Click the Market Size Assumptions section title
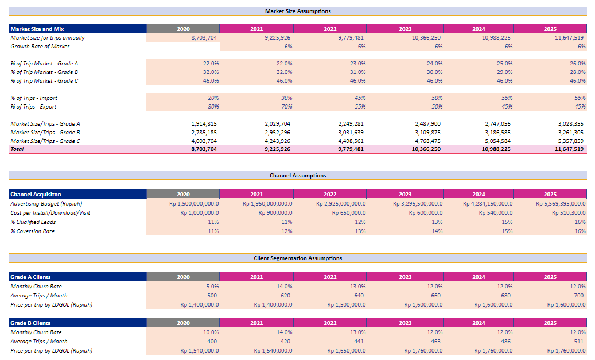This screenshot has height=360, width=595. coord(297,11)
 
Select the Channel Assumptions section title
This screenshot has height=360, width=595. coord(297,176)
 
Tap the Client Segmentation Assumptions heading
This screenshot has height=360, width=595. coord(297,258)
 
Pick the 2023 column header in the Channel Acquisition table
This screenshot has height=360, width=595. coord(405,195)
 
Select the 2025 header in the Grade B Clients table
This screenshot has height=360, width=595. coord(550,323)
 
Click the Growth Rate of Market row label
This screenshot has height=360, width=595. coord(40,47)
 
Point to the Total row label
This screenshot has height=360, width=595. coord(18,149)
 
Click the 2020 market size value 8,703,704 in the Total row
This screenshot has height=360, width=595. coord(204,149)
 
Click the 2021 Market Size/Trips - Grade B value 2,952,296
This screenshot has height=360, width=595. coord(278,132)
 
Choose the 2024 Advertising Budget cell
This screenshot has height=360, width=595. coord(488,204)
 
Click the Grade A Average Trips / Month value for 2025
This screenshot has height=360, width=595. coord(579,296)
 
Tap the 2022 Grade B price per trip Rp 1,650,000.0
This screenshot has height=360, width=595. coord(347,351)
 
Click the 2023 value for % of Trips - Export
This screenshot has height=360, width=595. coord(436,107)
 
